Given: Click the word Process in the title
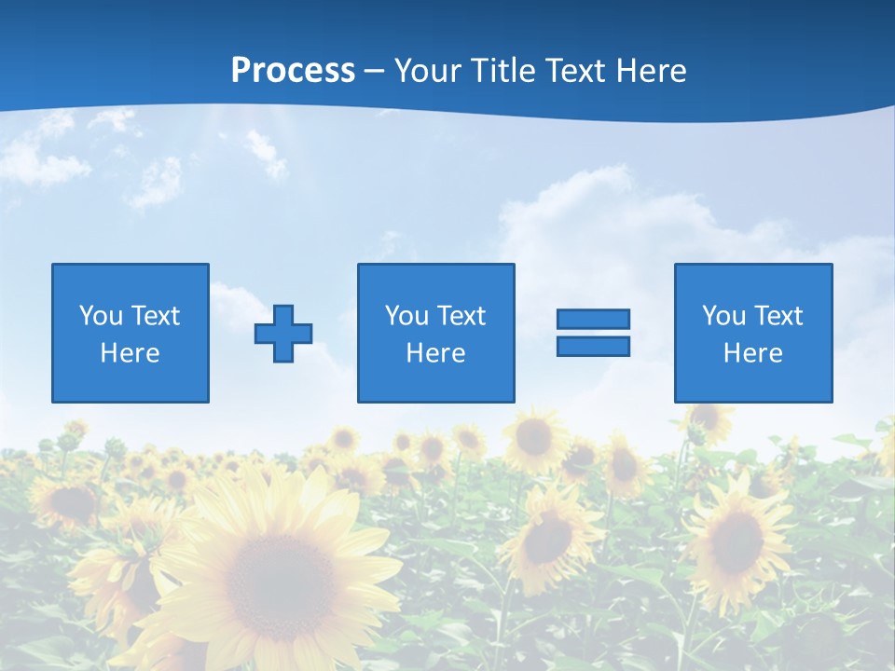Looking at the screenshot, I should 293,71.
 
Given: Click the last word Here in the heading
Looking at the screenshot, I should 652,71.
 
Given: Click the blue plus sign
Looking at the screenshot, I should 283,333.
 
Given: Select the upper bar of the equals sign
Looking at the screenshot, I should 593,319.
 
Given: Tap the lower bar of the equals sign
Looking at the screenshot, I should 593,346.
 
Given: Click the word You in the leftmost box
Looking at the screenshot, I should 100,316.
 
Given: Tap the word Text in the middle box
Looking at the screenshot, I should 461,316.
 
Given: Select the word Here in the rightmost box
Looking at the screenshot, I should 752,353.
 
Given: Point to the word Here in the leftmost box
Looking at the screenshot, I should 131,353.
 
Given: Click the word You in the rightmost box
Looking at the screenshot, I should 723,316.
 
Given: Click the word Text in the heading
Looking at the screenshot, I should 571,71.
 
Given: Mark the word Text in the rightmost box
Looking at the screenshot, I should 778,316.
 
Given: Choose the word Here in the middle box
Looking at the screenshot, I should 435,353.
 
